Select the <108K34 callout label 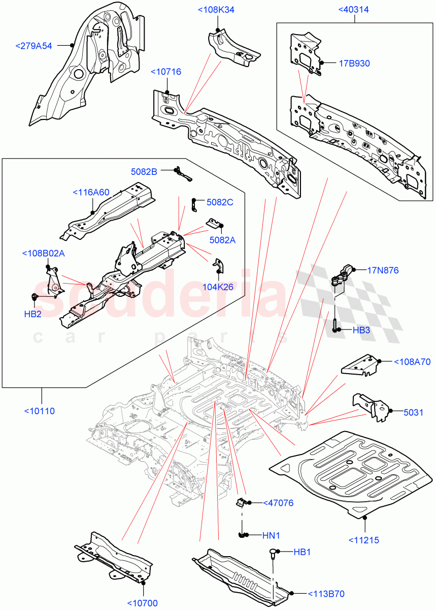pyautogui.click(x=216, y=10)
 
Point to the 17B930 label pyautogui.click(x=354, y=64)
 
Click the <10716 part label pyautogui.click(x=166, y=72)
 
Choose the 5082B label pyautogui.click(x=144, y=171)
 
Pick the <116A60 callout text pyautogui.click(x=91, y=192)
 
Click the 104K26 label pyautogui.click(x=218, y=287)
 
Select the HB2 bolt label pyautogui.click(x=32, y=314)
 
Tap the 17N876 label pyautogui.click(x=383, y=270)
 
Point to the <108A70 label pyautogui.click(x=412, y=362)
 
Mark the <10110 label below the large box pyautogui.click(x=39, y=411)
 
